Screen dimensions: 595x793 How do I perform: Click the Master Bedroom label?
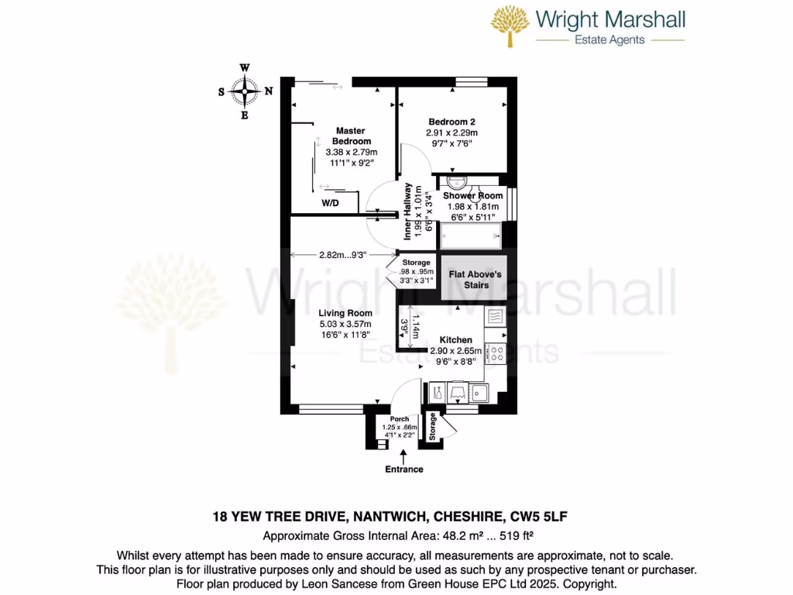tap(350, 136)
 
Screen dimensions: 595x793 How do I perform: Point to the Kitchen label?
tap(455, 340)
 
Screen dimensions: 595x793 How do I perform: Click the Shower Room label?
tap(473, 196)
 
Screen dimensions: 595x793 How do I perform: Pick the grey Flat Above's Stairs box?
tap(475, 279)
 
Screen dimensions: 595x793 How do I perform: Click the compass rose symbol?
tap(245, 91)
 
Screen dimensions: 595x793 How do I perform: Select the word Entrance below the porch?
tap(404, 469)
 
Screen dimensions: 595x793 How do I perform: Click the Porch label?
tap(399, 419)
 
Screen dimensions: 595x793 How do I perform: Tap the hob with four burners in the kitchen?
tap(494, 353)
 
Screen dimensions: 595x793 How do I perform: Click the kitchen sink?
tap(478, 392)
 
